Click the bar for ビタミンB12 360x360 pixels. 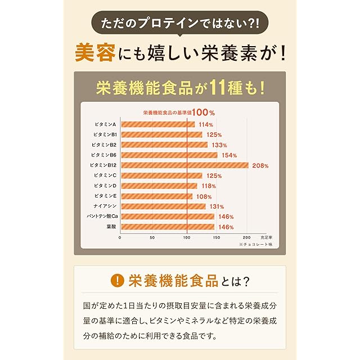click(184, 165)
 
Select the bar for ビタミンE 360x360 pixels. click(156, 196)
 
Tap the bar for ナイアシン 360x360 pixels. click(163, 206)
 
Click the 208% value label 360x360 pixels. click(260, 166)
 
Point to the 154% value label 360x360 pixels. click(228, 155)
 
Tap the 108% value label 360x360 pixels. click(203, 197)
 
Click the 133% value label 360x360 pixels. click(219, 145)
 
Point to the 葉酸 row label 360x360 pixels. click(111, 227)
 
